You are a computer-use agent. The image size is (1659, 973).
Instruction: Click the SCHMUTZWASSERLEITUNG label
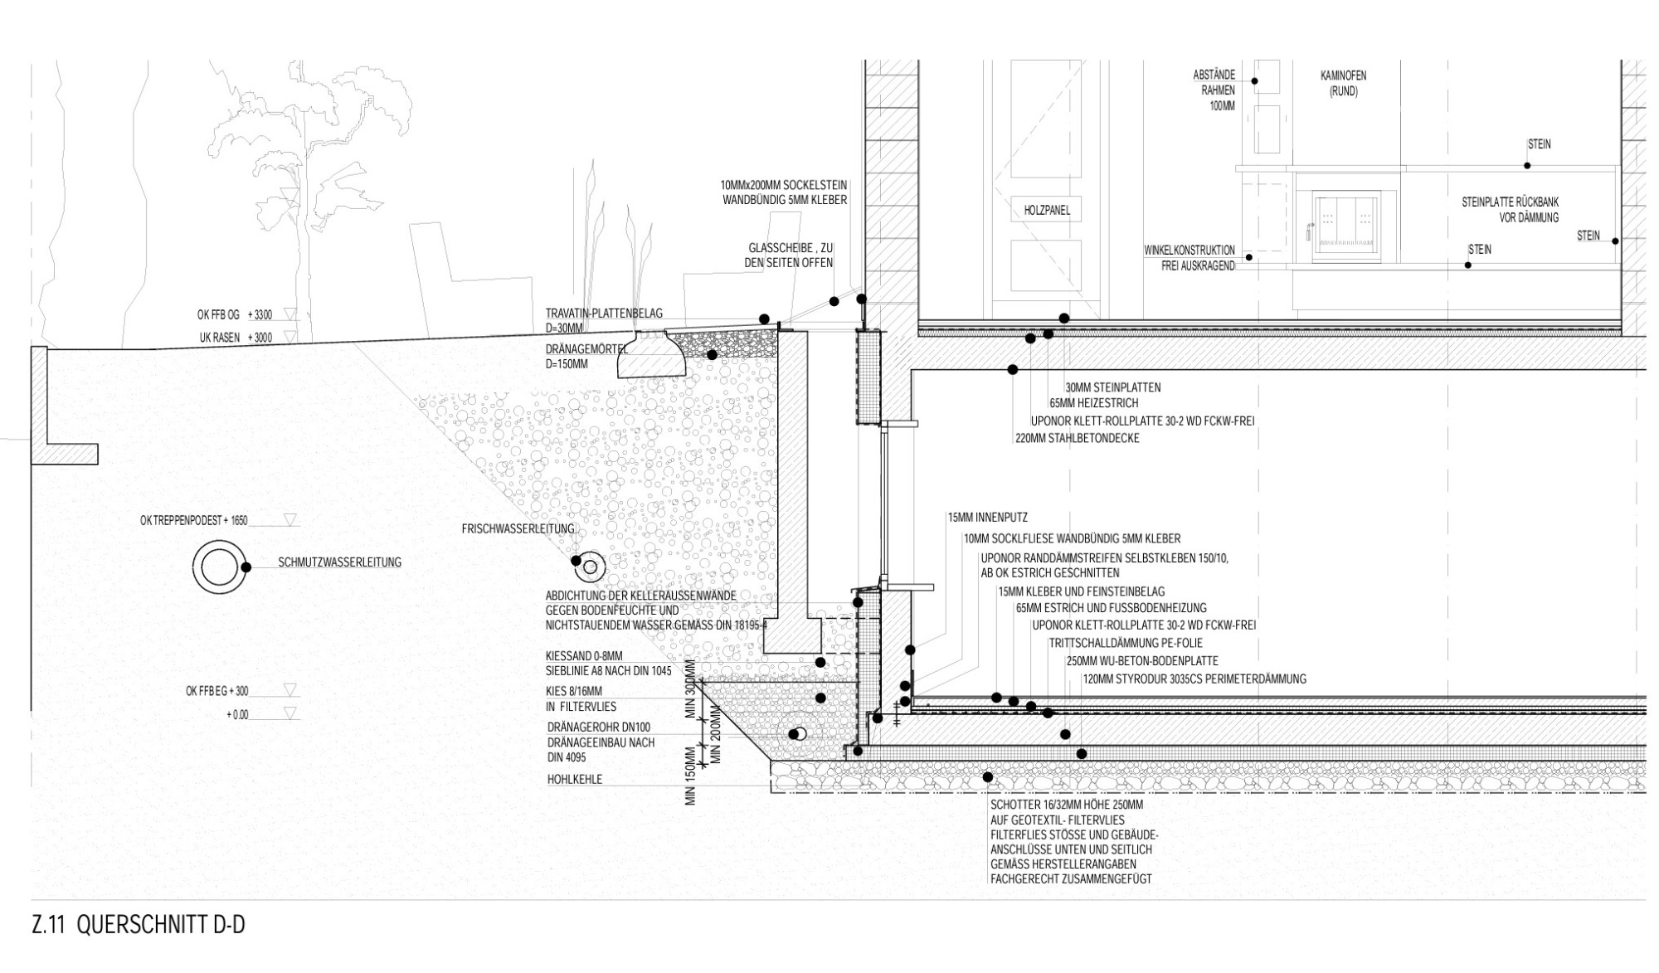(x=340, y=562)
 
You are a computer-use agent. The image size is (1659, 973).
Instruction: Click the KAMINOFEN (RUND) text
(x=1343, y=83)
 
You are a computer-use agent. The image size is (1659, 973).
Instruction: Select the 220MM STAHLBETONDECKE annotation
(x=1077, y=438)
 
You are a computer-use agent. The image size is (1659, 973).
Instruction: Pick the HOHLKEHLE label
(x=575, y=780)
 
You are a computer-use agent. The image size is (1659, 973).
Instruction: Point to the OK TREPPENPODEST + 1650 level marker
(x=195, y=521)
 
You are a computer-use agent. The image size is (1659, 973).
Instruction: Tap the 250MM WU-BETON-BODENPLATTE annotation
(x=1141, y=661)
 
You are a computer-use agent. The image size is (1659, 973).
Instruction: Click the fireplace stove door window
(x=1346, y=220)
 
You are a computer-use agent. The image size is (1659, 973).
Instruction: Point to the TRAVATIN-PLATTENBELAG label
(x=604, y=314)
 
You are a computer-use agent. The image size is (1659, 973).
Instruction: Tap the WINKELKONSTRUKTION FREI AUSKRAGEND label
(x=1190, y=258)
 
